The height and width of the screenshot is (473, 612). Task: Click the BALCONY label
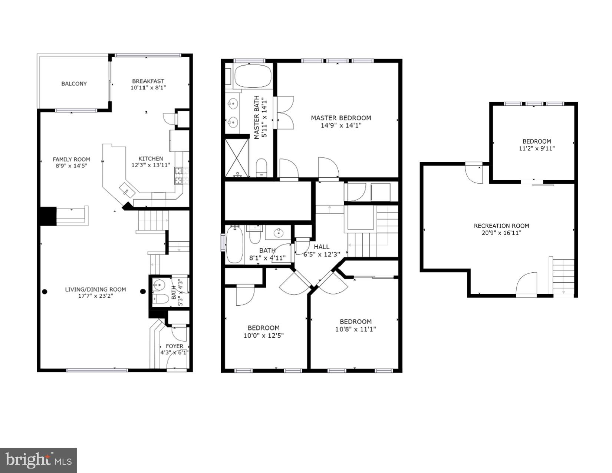tap(74, 84)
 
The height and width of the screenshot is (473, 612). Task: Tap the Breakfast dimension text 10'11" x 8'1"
tap(148, 88)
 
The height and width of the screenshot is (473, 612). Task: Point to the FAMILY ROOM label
tap(71, 160)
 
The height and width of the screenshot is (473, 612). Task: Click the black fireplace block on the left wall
tap(47, 216)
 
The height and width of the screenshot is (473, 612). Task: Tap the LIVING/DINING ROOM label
tap(95, 289)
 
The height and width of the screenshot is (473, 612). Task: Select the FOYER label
tap(174, 346)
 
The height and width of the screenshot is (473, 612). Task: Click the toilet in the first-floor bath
tap(160, 299)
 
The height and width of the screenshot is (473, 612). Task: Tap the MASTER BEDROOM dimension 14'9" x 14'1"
tap(341, 125)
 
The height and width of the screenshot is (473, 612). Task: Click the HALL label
tap(321, 247)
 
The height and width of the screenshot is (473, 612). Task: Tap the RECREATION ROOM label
tap(501, 226)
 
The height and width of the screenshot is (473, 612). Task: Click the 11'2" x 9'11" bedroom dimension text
tap(536, 148)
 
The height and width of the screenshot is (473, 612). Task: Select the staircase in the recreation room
tap(563, 276)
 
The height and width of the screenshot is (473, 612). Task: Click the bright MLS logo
tap(38, 460)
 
